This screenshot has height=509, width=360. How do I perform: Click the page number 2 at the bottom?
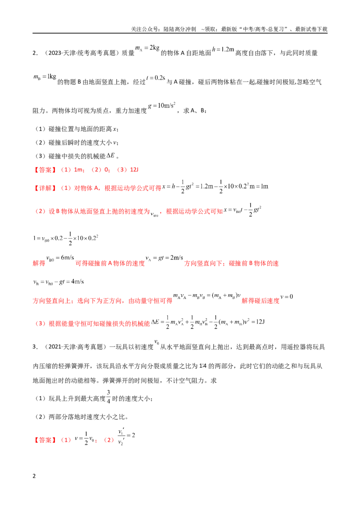(34, 476)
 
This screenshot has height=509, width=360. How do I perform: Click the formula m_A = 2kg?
(147, 48)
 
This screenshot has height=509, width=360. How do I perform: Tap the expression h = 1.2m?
(223, 49)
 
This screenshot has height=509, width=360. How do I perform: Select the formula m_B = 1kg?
(45, 77)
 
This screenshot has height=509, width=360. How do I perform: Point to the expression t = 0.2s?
(156, 78)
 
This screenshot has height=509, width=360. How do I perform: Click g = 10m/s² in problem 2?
(162, 106)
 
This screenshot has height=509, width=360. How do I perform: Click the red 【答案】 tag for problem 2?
(45, 170)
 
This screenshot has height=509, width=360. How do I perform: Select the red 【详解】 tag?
(45, 188)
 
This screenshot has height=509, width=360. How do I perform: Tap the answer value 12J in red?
(134, 170)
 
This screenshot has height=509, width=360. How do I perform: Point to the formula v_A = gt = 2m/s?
(164, 258)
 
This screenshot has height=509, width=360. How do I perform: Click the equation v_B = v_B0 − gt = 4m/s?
(58, 282)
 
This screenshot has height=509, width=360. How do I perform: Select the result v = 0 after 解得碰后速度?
(287, 297)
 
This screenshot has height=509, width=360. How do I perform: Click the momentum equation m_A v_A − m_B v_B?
(207, 296)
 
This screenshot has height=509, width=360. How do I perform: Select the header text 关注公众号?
(145, 29)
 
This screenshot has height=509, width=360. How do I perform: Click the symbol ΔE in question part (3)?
(110, 156)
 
